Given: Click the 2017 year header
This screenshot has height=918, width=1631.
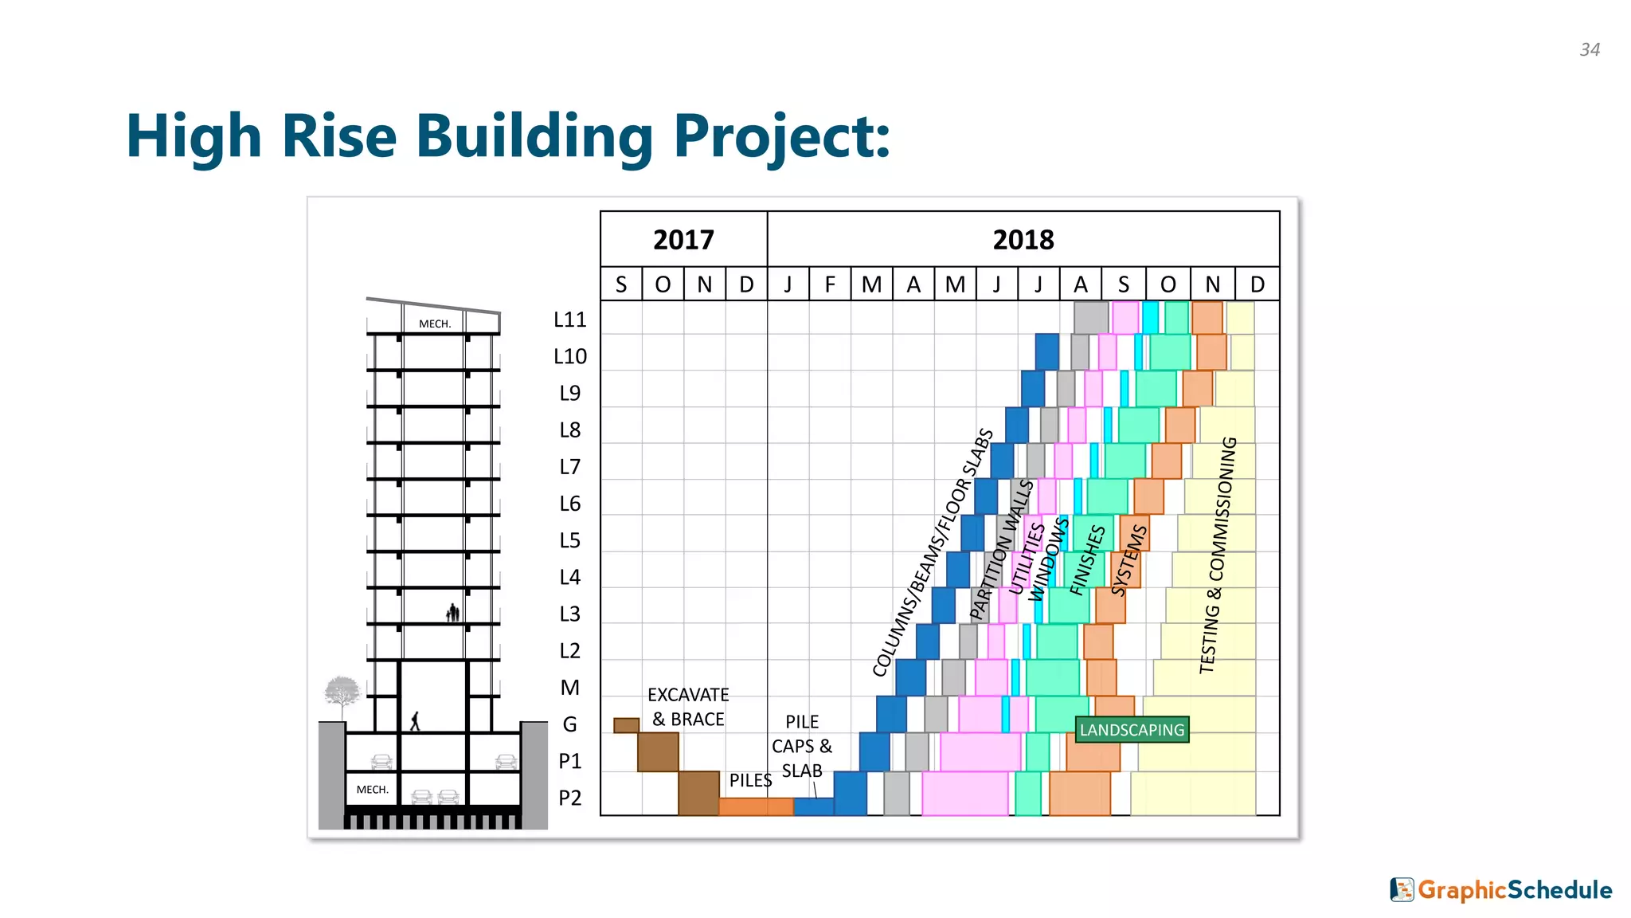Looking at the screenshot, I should tap(683, 240).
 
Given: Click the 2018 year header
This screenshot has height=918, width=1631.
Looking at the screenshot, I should tap(1023, 240).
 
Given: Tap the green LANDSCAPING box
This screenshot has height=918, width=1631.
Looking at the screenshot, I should tap(1132, 730).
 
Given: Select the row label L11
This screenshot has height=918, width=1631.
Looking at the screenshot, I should tap(570, 320).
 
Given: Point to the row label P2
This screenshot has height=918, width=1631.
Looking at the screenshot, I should tap(570, 798).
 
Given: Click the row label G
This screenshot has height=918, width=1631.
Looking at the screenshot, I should tap(570, 724).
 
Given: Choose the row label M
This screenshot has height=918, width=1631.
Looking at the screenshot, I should tap(570, 688).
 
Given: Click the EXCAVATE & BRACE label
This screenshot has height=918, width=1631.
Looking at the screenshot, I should tap(688, 707).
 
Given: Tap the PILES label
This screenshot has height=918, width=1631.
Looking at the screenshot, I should tap(750, 781).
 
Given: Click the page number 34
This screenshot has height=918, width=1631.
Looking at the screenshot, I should tap(1590, 49).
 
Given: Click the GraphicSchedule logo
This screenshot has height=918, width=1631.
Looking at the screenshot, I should tap(1501, 890).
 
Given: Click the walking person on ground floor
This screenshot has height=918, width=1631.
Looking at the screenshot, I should tap(415, 721).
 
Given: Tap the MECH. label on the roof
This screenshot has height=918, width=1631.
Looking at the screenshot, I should tap(435, 324).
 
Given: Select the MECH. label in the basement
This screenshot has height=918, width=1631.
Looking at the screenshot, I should tap(373, 790).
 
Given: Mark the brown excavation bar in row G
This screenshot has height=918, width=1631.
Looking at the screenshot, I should tap(626, 725).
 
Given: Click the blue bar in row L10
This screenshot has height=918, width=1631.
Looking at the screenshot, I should tap(1047, 351).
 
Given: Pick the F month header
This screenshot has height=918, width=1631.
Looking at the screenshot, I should tap(830, 284).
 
